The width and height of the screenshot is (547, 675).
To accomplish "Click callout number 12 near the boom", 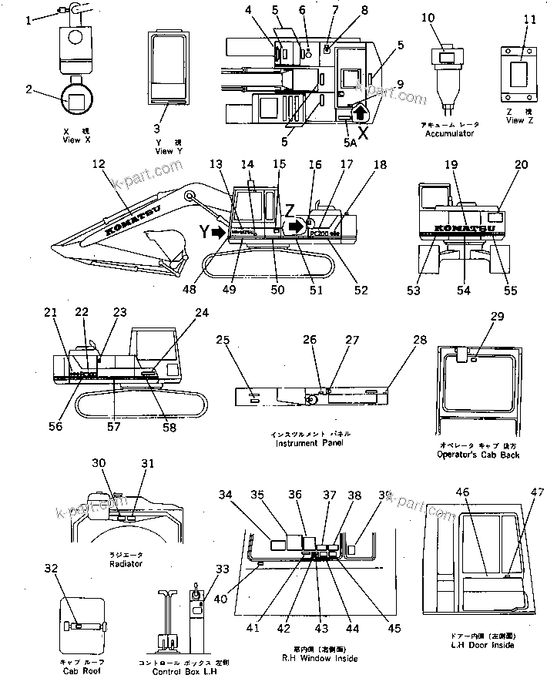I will click(99, 164).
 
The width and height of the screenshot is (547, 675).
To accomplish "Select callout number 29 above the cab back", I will click(497, 317).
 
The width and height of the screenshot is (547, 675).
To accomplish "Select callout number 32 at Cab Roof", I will click(52, 569).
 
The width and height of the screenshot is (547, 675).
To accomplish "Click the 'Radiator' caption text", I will click(126, 563).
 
